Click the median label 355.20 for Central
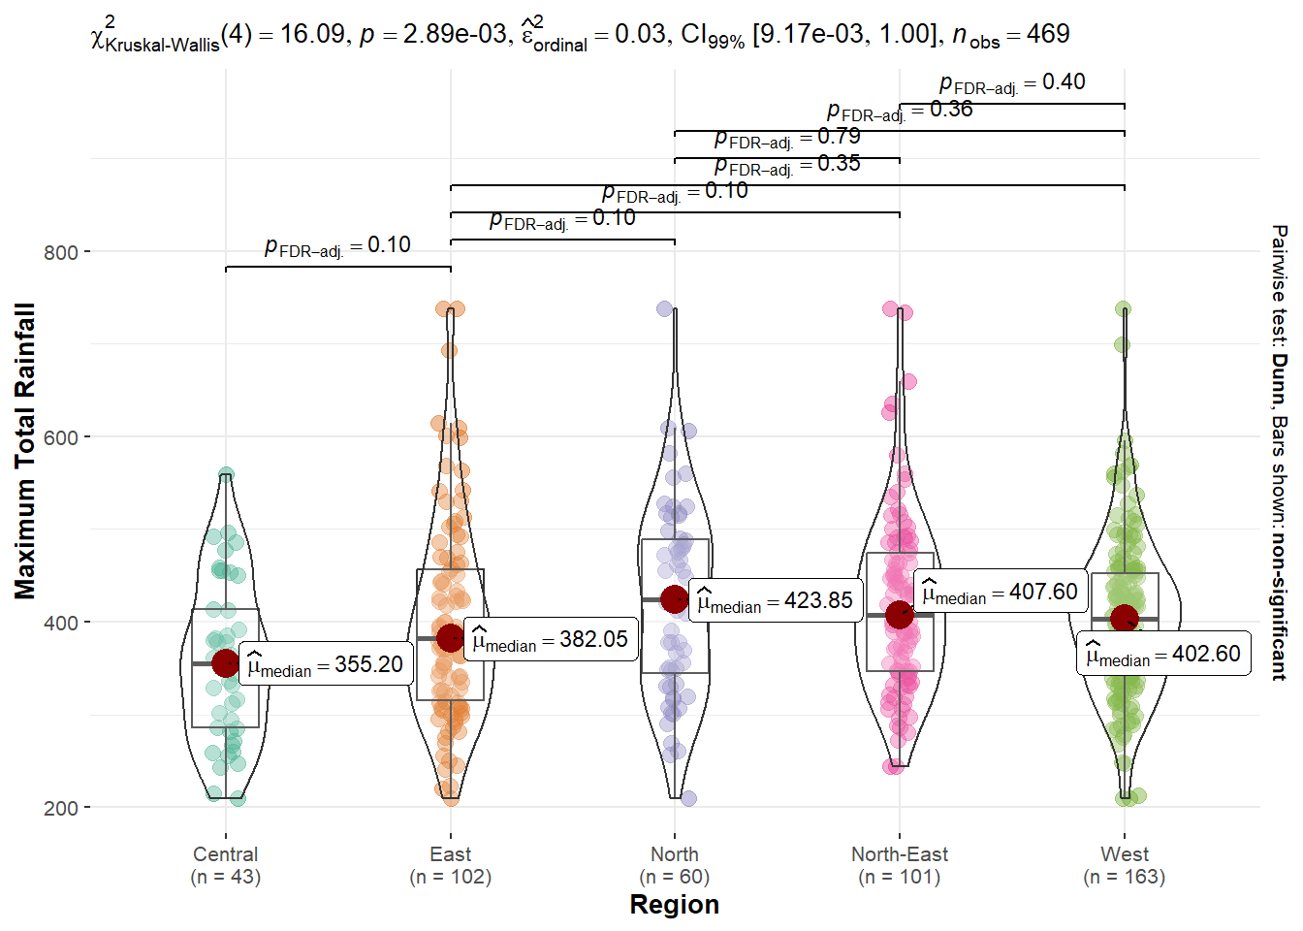(326, 664)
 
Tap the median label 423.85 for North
(776, 601)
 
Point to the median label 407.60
(1000, 592)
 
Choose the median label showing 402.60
(1163, 655)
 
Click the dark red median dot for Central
(226, 663)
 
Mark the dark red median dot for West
(1125, 618)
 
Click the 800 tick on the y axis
(61, 252)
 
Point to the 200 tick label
(61, 808)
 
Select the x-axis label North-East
(900, 854)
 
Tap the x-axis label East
(450, 854)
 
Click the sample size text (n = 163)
(1125, 877)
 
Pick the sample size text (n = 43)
(226, 877)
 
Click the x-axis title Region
(675, 905)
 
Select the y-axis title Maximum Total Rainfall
(25, 451)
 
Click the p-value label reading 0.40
(1012, 83)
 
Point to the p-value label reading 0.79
(787, 138)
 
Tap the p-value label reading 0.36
(900, 111)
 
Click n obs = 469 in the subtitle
(1011, 36)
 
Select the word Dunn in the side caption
(1280, 379)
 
